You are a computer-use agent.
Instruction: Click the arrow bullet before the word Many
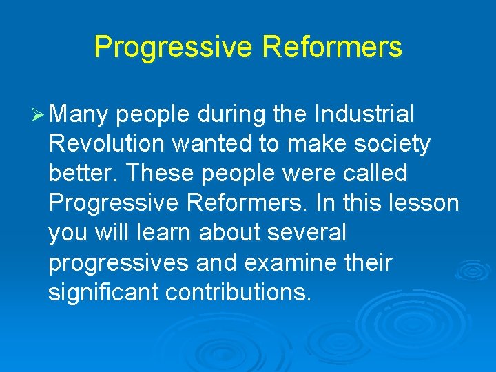(39, 115)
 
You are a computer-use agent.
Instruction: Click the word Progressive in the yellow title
(174, 48)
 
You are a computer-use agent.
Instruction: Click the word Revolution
(107, 144)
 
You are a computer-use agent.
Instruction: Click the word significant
(103, 292)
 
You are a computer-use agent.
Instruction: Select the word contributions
(238, 292)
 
